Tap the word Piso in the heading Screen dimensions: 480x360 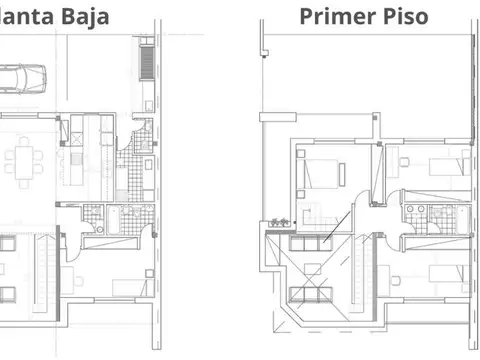click(x=405, y=17)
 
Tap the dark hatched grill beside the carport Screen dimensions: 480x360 click(x=146, y=60)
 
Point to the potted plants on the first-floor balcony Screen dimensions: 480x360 click(x=275, y=219)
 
